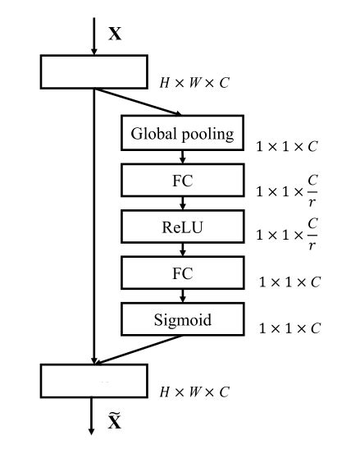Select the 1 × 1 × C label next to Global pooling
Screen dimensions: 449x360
[x=287, y=148]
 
